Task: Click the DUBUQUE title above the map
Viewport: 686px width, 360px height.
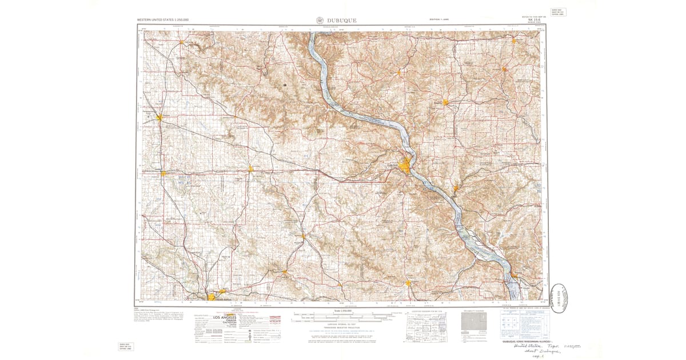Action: point(342,20)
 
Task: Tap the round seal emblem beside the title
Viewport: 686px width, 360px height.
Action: point(318,20)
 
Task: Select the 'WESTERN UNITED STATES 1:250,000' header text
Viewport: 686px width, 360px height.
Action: point(163,20)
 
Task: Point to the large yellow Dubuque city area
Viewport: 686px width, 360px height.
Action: point(406,166)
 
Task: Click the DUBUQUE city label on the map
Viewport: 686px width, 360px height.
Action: point(392,165)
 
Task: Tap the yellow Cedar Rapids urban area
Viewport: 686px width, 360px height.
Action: point(216,297)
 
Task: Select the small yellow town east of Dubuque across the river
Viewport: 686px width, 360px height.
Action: point(456,188)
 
